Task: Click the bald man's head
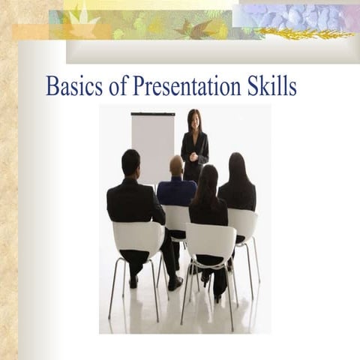coord(176,165)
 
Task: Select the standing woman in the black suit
coord(195,146)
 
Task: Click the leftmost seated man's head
coord(130,162)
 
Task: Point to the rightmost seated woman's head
coord(236,166)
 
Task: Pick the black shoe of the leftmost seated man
coord(175,283)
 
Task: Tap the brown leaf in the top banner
coord(197,29)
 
